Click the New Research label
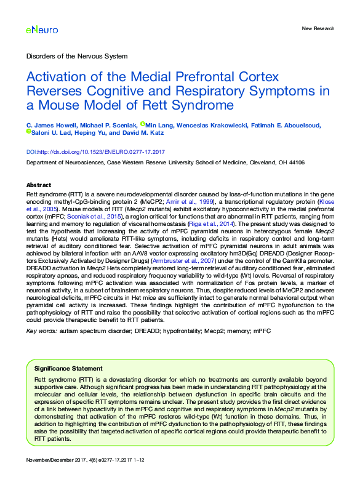pyautogui.click(x=318, y=28)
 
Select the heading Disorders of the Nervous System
pyautogui.click(x=77, y=56)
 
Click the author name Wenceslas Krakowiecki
pyautogui.click(x=214, y=126)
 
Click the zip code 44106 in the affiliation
pyautogui.click(x=295, y=163)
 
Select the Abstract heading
pyautogui.click(x=38, y=185)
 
